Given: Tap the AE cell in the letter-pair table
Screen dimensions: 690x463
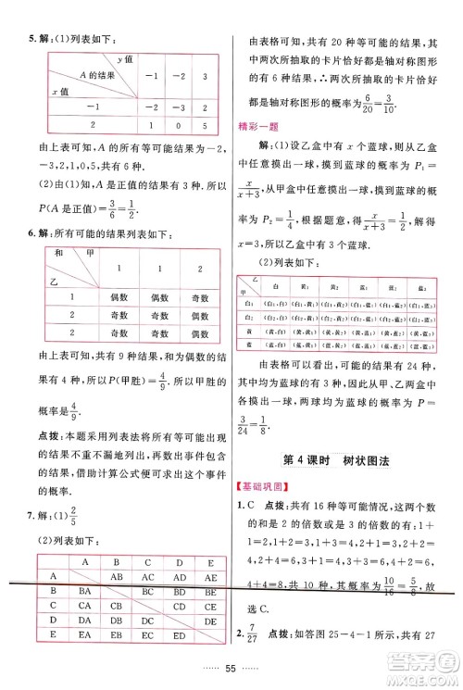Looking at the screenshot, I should click(206, 574).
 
